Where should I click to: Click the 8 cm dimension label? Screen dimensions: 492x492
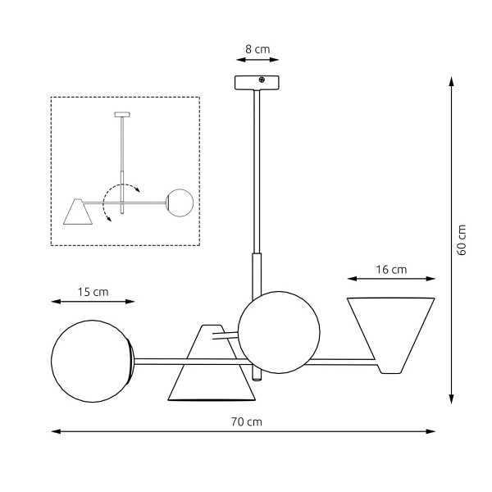click(x=257, y=49)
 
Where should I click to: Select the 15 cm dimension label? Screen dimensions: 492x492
click(x=93, y=292)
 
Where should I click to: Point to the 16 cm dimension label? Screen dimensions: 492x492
click(x=391, y=269)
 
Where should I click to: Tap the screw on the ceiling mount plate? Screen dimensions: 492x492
click(x=262, y=80)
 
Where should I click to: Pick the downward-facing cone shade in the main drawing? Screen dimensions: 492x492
click(x=212, y=369)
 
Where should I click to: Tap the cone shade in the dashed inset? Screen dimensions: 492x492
click(x=78, y=212)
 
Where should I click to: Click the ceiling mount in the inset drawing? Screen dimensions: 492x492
click(x=121, y=113)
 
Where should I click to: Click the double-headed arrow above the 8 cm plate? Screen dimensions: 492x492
click(x=257, y=60)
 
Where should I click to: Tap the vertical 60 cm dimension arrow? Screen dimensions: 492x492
click(x=450, y=239)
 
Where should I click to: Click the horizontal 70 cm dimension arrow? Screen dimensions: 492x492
click(x=244, y=431)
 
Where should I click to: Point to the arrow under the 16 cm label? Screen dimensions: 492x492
click(x=391, y=279)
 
